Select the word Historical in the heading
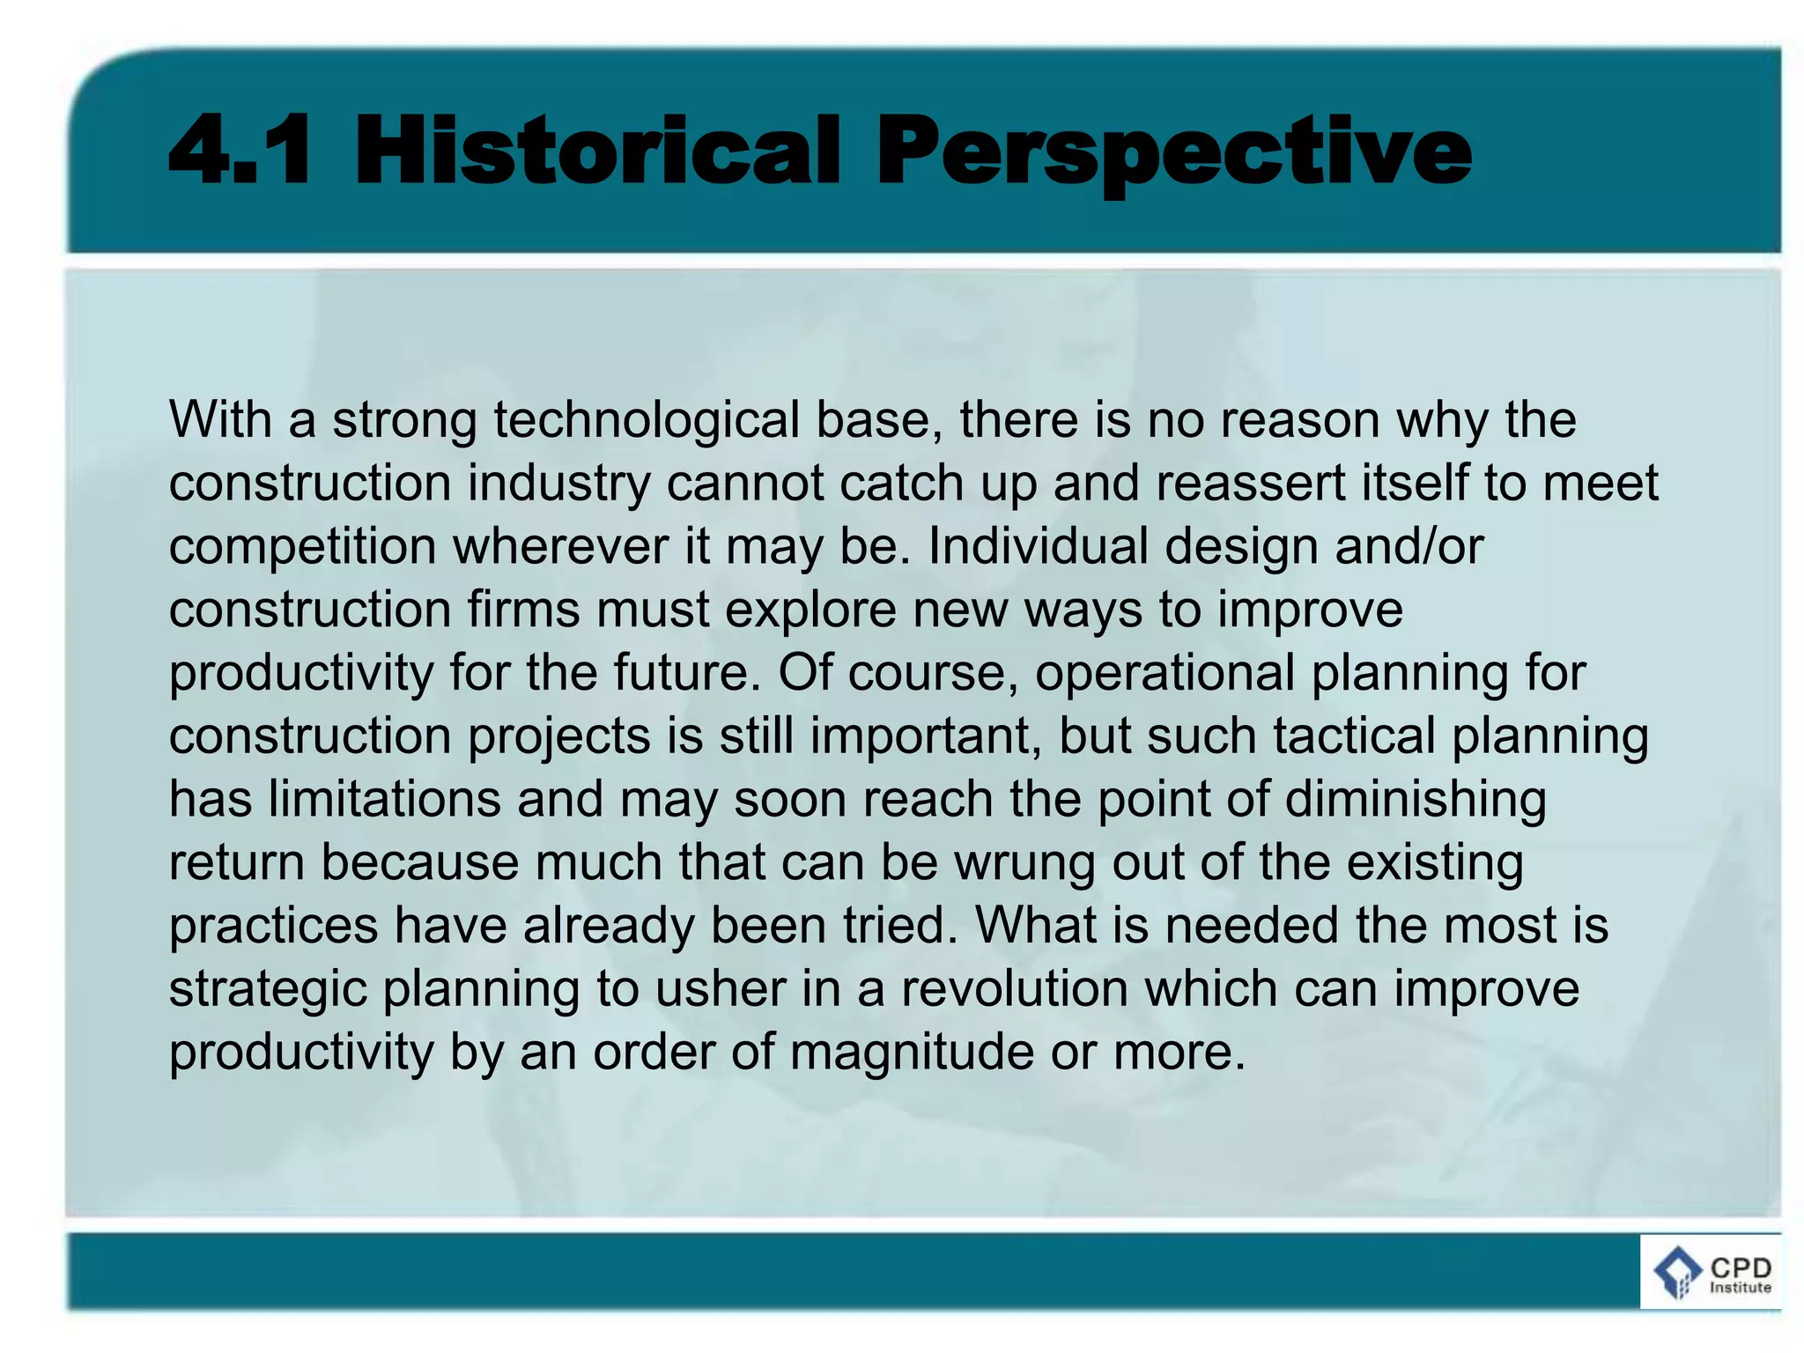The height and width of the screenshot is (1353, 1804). [598, 151]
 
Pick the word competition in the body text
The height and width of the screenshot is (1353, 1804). [302, 546]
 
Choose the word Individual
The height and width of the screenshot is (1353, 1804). [1039, 546]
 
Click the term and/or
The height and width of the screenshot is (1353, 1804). [1408, 546]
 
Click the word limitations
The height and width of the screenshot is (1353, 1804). [384, 799]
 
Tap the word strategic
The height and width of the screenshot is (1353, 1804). [268, 989]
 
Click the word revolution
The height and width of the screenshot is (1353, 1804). [1014, 989]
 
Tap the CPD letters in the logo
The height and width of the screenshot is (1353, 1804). [1741, 1267]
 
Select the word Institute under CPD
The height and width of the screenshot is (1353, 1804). [1741, 1287]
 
